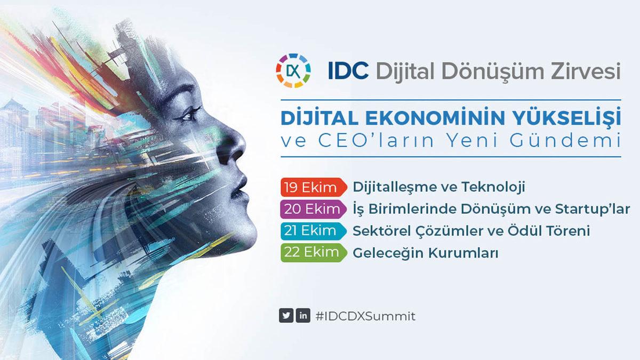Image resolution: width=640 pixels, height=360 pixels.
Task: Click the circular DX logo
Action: tap(293, 70)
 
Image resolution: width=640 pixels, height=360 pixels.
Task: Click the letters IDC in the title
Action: tap(348, 71)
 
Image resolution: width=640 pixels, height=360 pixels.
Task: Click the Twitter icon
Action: tap(286, 316)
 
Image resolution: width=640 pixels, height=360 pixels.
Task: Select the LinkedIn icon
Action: tap(303, 316)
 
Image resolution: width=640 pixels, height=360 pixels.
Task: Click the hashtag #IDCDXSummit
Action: tap(365, 316)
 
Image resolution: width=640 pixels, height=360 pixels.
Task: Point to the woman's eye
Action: tap(190, 114)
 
